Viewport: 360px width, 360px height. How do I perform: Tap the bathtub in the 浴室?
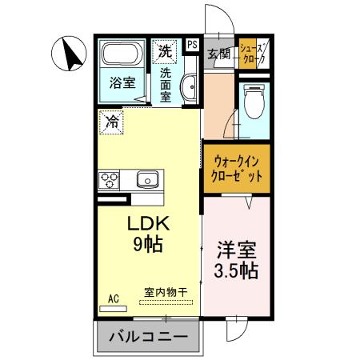tap(122, 55)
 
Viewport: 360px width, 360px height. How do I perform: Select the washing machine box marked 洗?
tap(165, 50)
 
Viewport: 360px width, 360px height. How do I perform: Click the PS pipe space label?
tap(193, 45)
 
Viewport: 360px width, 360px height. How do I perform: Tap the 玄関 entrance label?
tap(218, 54)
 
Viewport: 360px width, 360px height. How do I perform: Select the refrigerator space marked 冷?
tap(112, 122)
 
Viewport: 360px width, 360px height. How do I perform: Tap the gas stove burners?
tap(109, 179)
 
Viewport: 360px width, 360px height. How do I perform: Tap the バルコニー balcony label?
tap(147, 337)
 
